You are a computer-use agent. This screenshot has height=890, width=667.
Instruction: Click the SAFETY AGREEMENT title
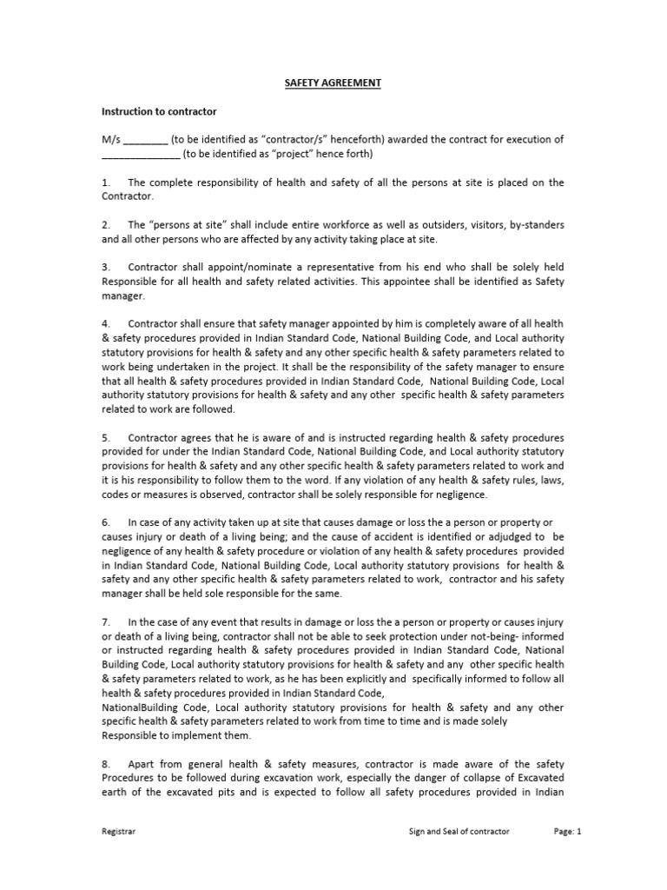click(x=333, y=83)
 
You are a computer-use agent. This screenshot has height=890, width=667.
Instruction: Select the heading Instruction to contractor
click(x=159, y=112)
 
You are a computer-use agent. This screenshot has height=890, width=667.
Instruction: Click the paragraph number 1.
click(x=106, y=183)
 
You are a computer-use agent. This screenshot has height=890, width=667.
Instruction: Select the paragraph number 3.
click(x=106, y=268)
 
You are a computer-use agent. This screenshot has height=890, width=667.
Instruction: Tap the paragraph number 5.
click(x=106, y=437)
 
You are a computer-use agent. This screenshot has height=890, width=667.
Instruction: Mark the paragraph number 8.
click(x=106, y=762)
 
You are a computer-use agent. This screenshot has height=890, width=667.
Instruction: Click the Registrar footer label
click(x=119, y=832)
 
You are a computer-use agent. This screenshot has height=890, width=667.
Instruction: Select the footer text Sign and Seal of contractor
click(x=459, y=832)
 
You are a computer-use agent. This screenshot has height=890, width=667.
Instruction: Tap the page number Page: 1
click(x=567, y=832)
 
